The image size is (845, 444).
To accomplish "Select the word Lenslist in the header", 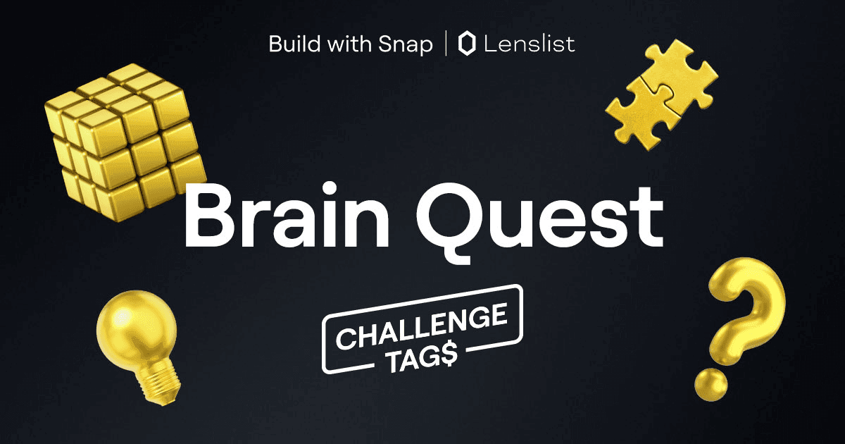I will (x=530, y=44).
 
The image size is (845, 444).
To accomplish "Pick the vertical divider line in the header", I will (x=446, y=44).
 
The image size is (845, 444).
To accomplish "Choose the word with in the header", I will (x=352, y=44).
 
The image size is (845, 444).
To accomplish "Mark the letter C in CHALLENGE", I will (x=346, y=339).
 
